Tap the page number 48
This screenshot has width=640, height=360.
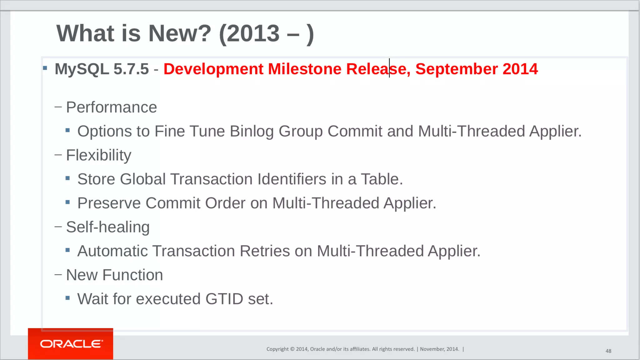(608, 351)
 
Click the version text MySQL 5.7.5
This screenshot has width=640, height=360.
(102, 69)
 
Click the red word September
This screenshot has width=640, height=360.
(456, 69)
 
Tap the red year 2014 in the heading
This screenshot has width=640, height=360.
(520, 69)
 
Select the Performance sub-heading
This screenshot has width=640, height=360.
(111, 107)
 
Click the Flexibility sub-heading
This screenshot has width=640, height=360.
(98, 155)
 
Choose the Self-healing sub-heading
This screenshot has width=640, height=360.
(108, 227)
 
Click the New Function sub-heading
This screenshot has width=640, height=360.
(114, 275)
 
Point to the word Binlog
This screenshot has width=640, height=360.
(252, 131)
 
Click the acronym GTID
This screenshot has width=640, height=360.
(224, 299)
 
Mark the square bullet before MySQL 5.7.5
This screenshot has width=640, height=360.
(45, 68)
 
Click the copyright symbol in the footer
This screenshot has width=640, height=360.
(292, 349)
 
